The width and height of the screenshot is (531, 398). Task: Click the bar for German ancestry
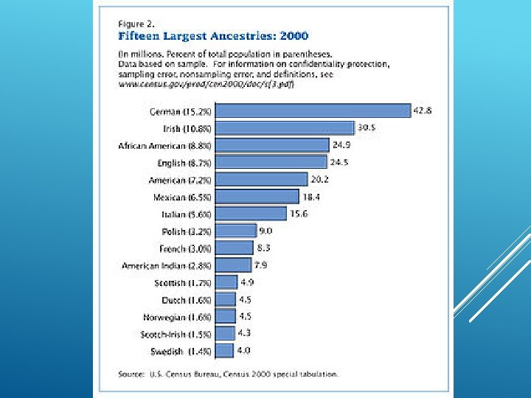313,111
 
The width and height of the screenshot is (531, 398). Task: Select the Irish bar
285,128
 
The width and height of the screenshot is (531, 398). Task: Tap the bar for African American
272,145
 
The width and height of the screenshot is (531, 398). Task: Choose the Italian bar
251,214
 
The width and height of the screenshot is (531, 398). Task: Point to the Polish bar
236,231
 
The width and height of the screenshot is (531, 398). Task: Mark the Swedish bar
224,351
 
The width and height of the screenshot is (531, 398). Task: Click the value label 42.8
422,111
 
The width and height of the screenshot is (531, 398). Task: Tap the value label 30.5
367,128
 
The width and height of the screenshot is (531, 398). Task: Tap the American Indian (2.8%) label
166,265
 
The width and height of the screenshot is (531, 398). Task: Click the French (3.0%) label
185,248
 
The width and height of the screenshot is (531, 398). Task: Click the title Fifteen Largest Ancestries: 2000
214,35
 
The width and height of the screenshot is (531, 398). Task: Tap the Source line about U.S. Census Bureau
229,374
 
